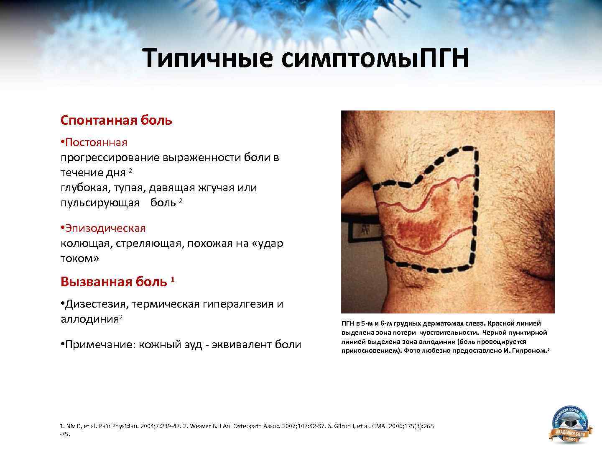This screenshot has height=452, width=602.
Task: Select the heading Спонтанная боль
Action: coord(116,121)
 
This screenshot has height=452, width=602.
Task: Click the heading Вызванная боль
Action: coord(113,282)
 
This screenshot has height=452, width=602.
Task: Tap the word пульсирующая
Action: coord(100,203)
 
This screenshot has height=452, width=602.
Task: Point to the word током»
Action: coord(80,259)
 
